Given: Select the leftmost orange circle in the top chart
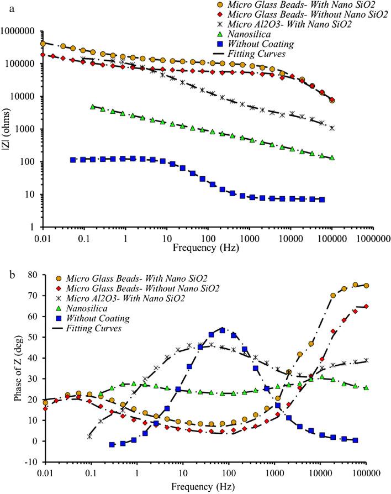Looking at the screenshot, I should (x=43, y=44).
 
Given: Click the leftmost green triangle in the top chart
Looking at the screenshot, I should (x=93, y=107).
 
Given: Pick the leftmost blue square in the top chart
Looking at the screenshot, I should (x=73, y=160).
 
